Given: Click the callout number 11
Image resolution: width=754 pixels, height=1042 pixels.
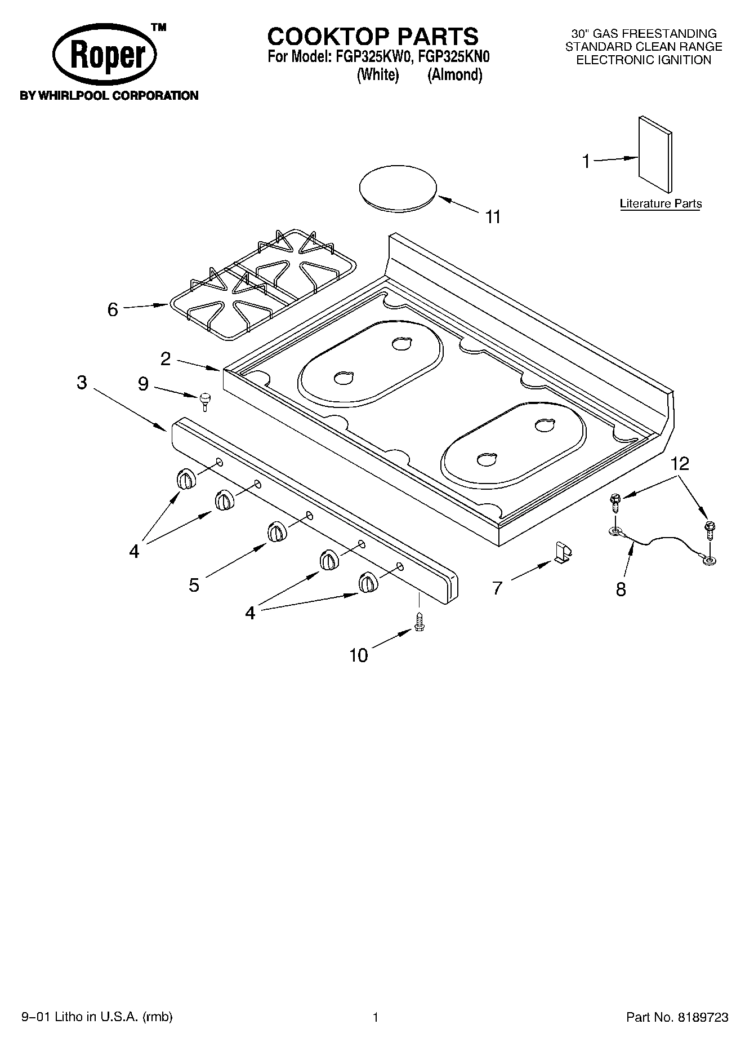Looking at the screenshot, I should point(493,216).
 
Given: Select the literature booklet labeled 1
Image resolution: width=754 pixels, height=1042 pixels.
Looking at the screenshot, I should point(655,154).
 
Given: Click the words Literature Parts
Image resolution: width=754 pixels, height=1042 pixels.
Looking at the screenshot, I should point(661,203).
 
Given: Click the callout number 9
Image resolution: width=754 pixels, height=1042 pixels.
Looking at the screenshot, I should point(144,384).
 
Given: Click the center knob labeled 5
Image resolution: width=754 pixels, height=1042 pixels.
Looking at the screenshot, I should point(276,531).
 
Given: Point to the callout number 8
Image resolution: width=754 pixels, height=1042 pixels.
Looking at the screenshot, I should point(621,589).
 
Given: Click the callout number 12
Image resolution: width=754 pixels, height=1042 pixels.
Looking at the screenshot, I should point(680,464).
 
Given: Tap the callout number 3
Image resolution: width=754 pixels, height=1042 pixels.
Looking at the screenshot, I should point(82,383).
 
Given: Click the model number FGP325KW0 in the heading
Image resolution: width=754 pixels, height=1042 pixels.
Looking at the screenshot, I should point(372,57).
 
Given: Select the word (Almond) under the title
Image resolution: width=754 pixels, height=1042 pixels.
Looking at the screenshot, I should point(455,75).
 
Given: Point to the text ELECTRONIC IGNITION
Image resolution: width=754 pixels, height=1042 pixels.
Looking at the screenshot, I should point(644,60).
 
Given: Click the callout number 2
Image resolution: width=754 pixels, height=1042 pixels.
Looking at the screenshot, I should point(166,359).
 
